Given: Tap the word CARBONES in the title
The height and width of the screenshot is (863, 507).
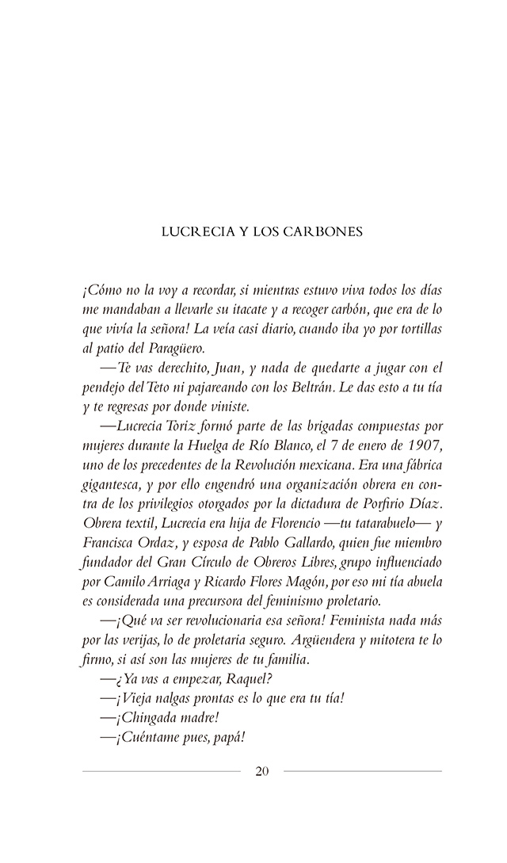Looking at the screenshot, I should click(328, 232).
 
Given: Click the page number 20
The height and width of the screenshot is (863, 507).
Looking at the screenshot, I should click(262, 771).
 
